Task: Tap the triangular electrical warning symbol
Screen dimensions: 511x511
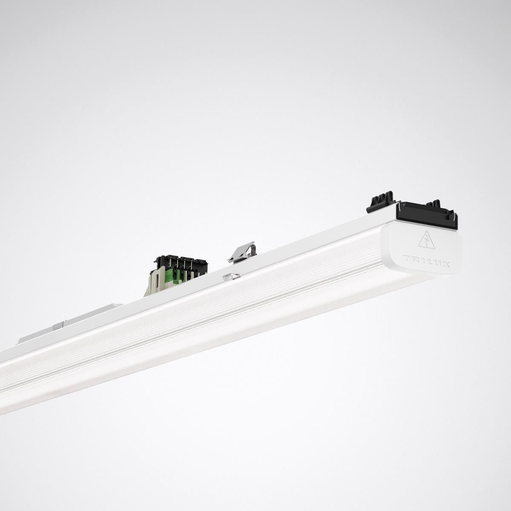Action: pyautogui.click(x=426, y=240)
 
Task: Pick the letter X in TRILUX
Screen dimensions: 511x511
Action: pyautogui.click(x=446, y=264)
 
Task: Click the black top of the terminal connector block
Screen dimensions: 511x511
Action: pyautogui.click(x=181, y=262)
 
